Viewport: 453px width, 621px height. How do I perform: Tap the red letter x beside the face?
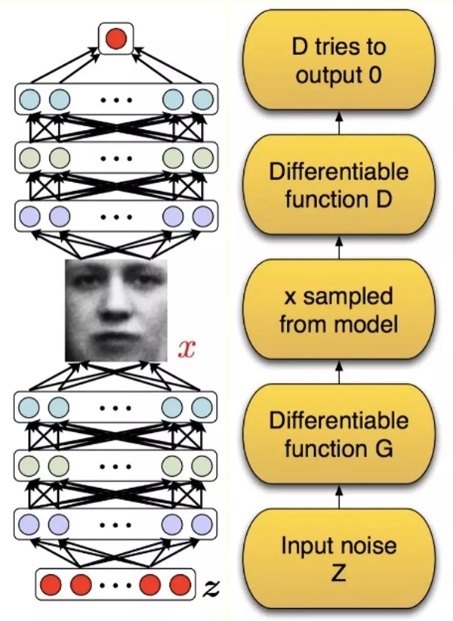(186, 349)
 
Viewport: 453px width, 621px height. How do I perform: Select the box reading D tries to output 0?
(338, 61)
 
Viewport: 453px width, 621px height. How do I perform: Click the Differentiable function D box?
(338, 185)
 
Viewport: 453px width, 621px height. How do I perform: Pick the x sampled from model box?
(338, 310)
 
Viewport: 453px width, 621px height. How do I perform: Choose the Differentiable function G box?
(338, 434)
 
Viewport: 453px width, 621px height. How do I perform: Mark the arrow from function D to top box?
(338, 123)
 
